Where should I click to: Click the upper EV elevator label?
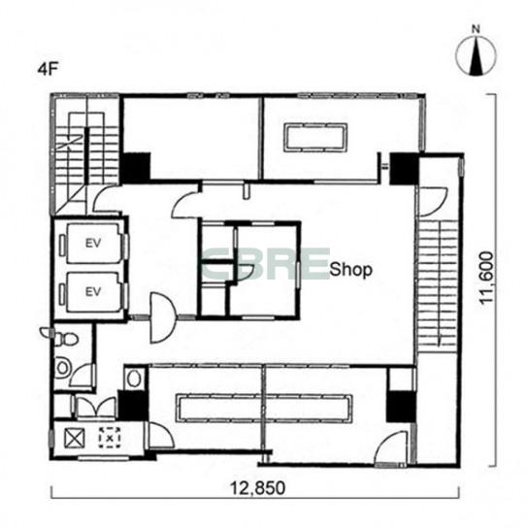pos(93,243)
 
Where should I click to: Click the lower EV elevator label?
pos(93,291)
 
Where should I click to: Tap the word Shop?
pos(351,270)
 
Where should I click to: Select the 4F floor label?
pos(49,70)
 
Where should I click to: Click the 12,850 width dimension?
pos(257,488)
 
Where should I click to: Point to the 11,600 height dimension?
pos(487,279)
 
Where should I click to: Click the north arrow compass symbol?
pos(476,56)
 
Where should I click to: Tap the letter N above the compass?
pos(476,30)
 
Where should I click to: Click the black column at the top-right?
pos(404,168)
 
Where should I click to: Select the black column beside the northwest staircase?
pos(136,167)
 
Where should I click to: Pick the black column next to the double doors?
pos(133,405)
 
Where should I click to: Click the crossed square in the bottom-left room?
pos(74,438)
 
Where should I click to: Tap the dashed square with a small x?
pos(110,438)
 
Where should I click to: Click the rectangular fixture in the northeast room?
pos(315,138)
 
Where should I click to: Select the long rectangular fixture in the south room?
pos(264,408)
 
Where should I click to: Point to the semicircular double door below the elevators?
pos(163,317)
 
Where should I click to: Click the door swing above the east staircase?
pos(432,202)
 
